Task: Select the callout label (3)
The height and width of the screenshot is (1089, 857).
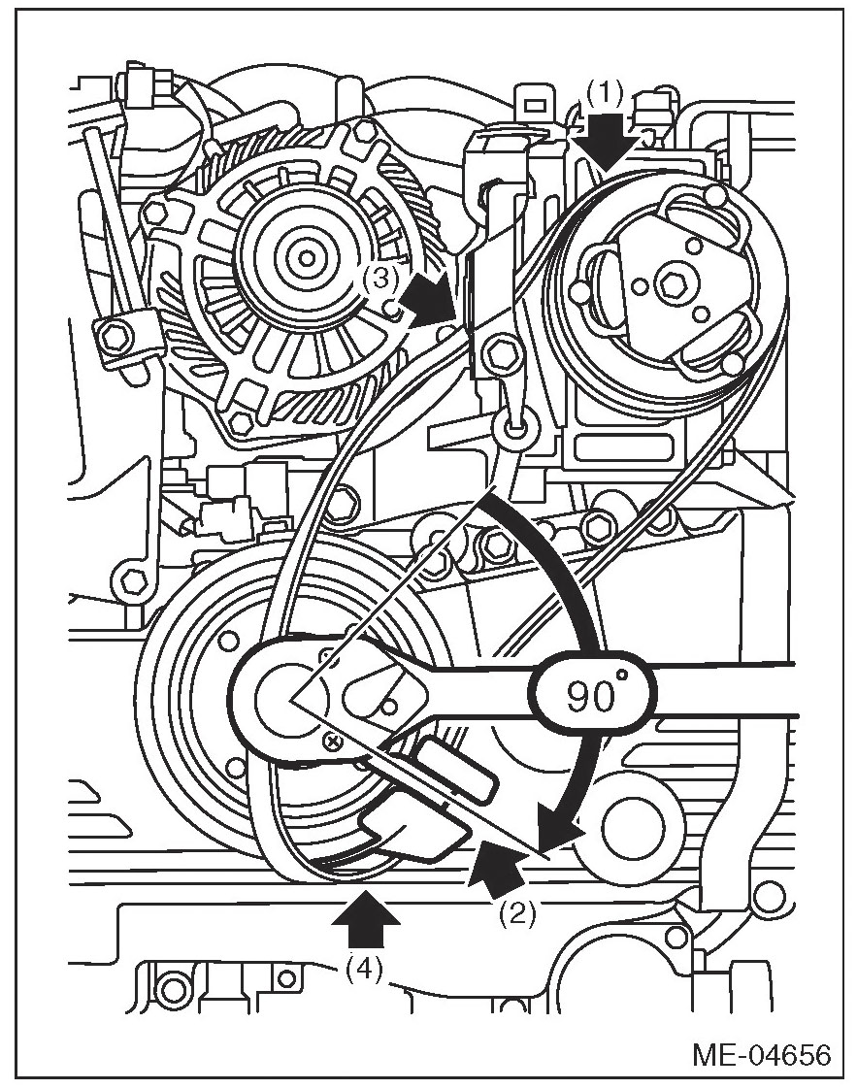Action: pyautogui.click(x=380, y=279)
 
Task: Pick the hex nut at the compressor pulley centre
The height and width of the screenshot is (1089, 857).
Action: pyautogui.click(x=670, y=284)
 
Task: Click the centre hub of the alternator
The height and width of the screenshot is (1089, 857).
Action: pyautogui.click(x=307, y=257)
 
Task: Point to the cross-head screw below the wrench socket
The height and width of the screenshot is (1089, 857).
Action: pyautogui.click(x=333, y=742)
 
